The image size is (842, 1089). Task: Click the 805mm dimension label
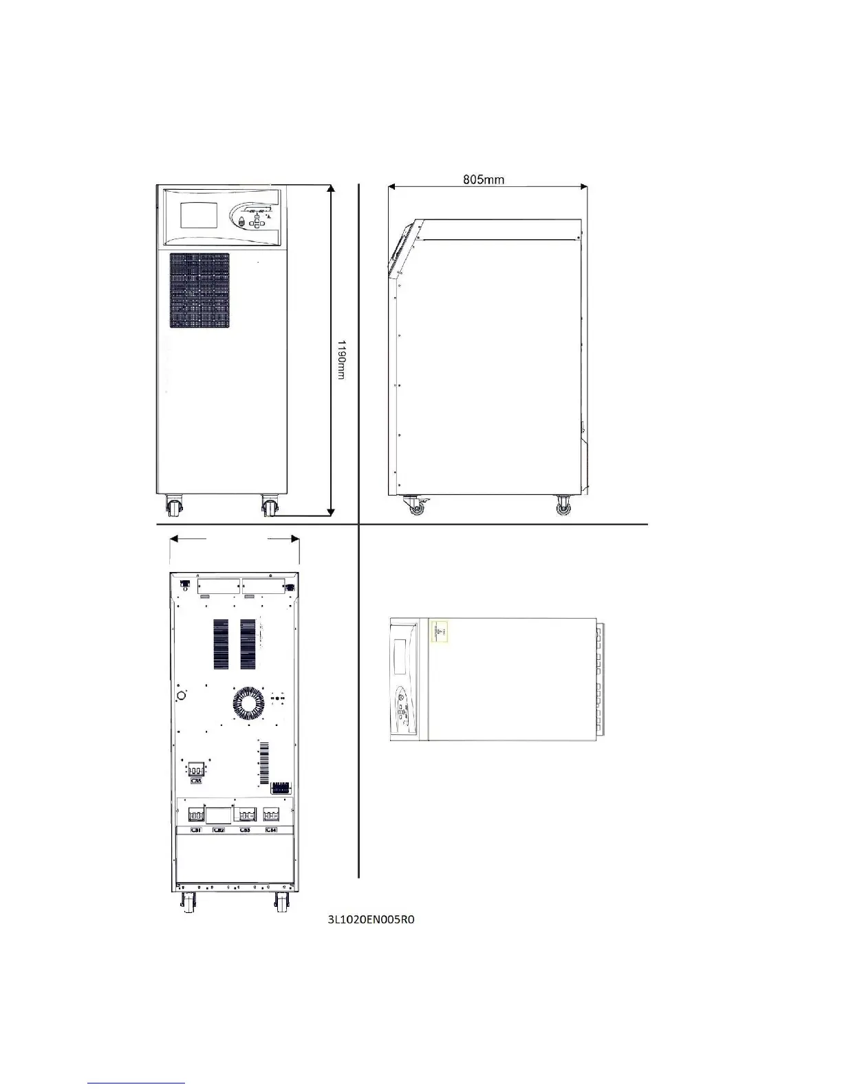pyautogui.click(x=484, y=180)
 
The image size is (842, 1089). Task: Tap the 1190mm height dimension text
pyautogui.click(x=341, y=360)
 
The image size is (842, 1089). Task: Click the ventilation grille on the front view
pyautogui.click(x=199, y=290)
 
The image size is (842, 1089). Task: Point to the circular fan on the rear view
pyautogui.click(x=248, y=703)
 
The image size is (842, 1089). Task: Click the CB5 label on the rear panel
pyautogui.click(x=197, y=781)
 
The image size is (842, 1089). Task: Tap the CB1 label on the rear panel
pyautogui.click(x=196, y=830)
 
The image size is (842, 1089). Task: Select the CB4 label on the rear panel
pyautogui.click(x=272, y=830)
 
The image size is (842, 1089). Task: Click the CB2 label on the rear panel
pyautogui.click(x=219, y=830)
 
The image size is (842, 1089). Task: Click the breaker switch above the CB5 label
pyautogui.click(x=197, y=770)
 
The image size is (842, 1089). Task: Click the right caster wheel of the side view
pyautogui.click(x=563, y=507)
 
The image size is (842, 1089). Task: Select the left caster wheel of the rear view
pyautogui.click(x=186, y=902)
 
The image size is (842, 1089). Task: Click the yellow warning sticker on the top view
pyautogui.click(x=439, y=630)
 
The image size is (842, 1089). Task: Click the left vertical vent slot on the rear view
pyautogui.click(x=221, y=645)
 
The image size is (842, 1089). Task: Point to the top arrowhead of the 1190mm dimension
pyautogui.click(x=332, y=188)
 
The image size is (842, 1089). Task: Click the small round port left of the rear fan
pyautogui.click(x=182, y=696)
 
